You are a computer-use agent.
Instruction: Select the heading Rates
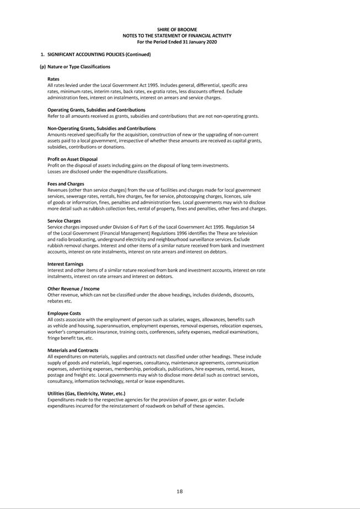pos(53,79)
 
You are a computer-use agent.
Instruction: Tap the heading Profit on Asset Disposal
pos(72,159)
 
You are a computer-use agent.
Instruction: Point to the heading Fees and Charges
pos(66,184)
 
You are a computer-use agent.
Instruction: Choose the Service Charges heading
pos(64,221)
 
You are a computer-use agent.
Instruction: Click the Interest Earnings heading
pos(65,264)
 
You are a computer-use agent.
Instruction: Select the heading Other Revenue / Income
pos(73,289)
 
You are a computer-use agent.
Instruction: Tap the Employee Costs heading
pos(64,313)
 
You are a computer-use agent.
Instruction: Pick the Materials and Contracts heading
pos(73,350)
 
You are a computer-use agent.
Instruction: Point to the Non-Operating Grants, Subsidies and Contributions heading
pos(101,128)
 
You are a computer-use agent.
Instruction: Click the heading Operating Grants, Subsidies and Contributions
pos(96,110)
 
